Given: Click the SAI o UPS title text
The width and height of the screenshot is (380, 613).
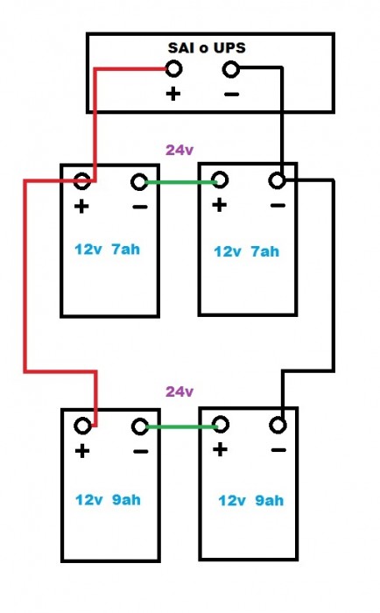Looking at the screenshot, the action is pos(207,47).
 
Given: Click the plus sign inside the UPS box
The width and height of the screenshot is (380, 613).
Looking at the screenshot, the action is pos(173,94).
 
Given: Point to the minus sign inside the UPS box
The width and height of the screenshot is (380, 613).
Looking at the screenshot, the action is pos(231,95).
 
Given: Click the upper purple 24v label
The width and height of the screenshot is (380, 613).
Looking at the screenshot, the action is pos(179,150).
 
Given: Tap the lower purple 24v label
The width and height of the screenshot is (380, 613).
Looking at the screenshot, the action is pos(179,391).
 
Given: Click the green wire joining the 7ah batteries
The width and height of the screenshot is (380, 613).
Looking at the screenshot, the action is pos(180,182).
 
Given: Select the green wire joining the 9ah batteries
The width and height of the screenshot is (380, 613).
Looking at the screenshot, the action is pos(181,426).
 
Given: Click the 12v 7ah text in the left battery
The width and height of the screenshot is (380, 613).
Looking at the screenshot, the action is pos(107,250).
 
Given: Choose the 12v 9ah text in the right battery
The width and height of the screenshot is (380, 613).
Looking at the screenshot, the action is pos(251,500).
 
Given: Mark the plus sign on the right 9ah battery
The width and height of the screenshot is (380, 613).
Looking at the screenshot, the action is pos(220,449).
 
